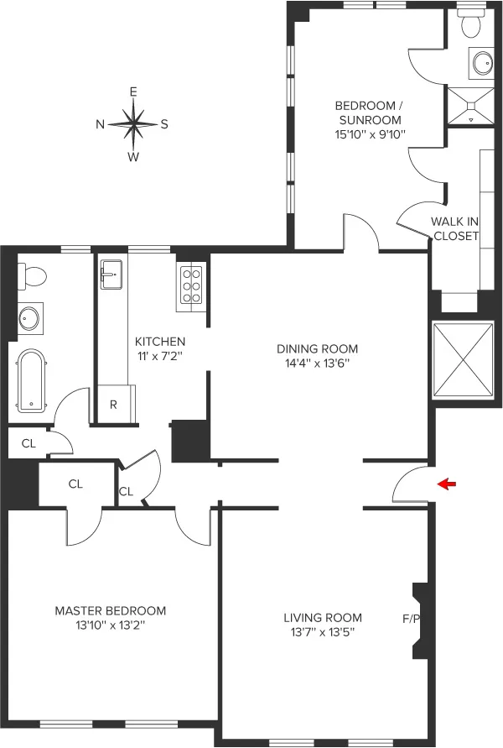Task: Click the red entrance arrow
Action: coord(447,484)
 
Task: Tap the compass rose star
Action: coord(132,123)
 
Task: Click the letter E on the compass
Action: coord(132,92)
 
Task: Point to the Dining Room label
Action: coord(318,348)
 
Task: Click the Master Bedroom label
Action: coord(110,610)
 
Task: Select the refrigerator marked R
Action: coord(113,405)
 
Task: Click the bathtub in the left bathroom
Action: coord(32,382)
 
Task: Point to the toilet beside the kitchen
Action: coord(34,275)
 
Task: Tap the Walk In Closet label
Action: coord(454,228)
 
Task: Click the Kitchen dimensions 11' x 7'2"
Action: coord(160,356)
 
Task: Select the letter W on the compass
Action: coord(132,157)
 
